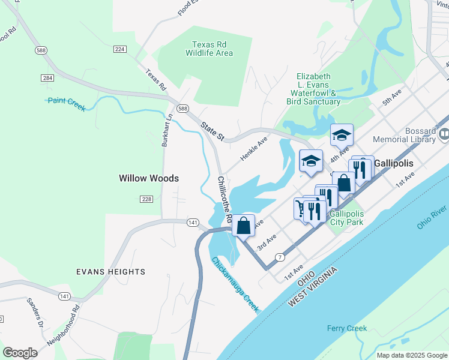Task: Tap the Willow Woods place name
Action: pos(148,178)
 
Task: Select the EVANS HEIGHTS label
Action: pos(110,272)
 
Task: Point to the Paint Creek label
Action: pos(67,104)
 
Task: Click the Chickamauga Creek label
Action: pos(235,284)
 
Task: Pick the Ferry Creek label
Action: pos(346,328)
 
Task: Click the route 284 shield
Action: pos(48,78)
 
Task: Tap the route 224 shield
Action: pos(119,49)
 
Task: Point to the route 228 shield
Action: pos(148,199)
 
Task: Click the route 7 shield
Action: pos(279,257)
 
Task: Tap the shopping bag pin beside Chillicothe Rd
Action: pos(243,226)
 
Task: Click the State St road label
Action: pos(212,132)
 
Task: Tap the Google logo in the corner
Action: pos(20,352)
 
